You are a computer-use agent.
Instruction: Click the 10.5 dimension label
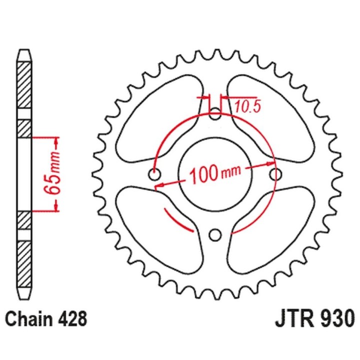247,107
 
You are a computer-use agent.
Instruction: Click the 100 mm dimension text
215,174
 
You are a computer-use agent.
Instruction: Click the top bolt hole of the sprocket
215,114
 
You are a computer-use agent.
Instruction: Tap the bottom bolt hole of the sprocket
215,234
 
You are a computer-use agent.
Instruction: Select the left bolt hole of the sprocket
154,174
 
